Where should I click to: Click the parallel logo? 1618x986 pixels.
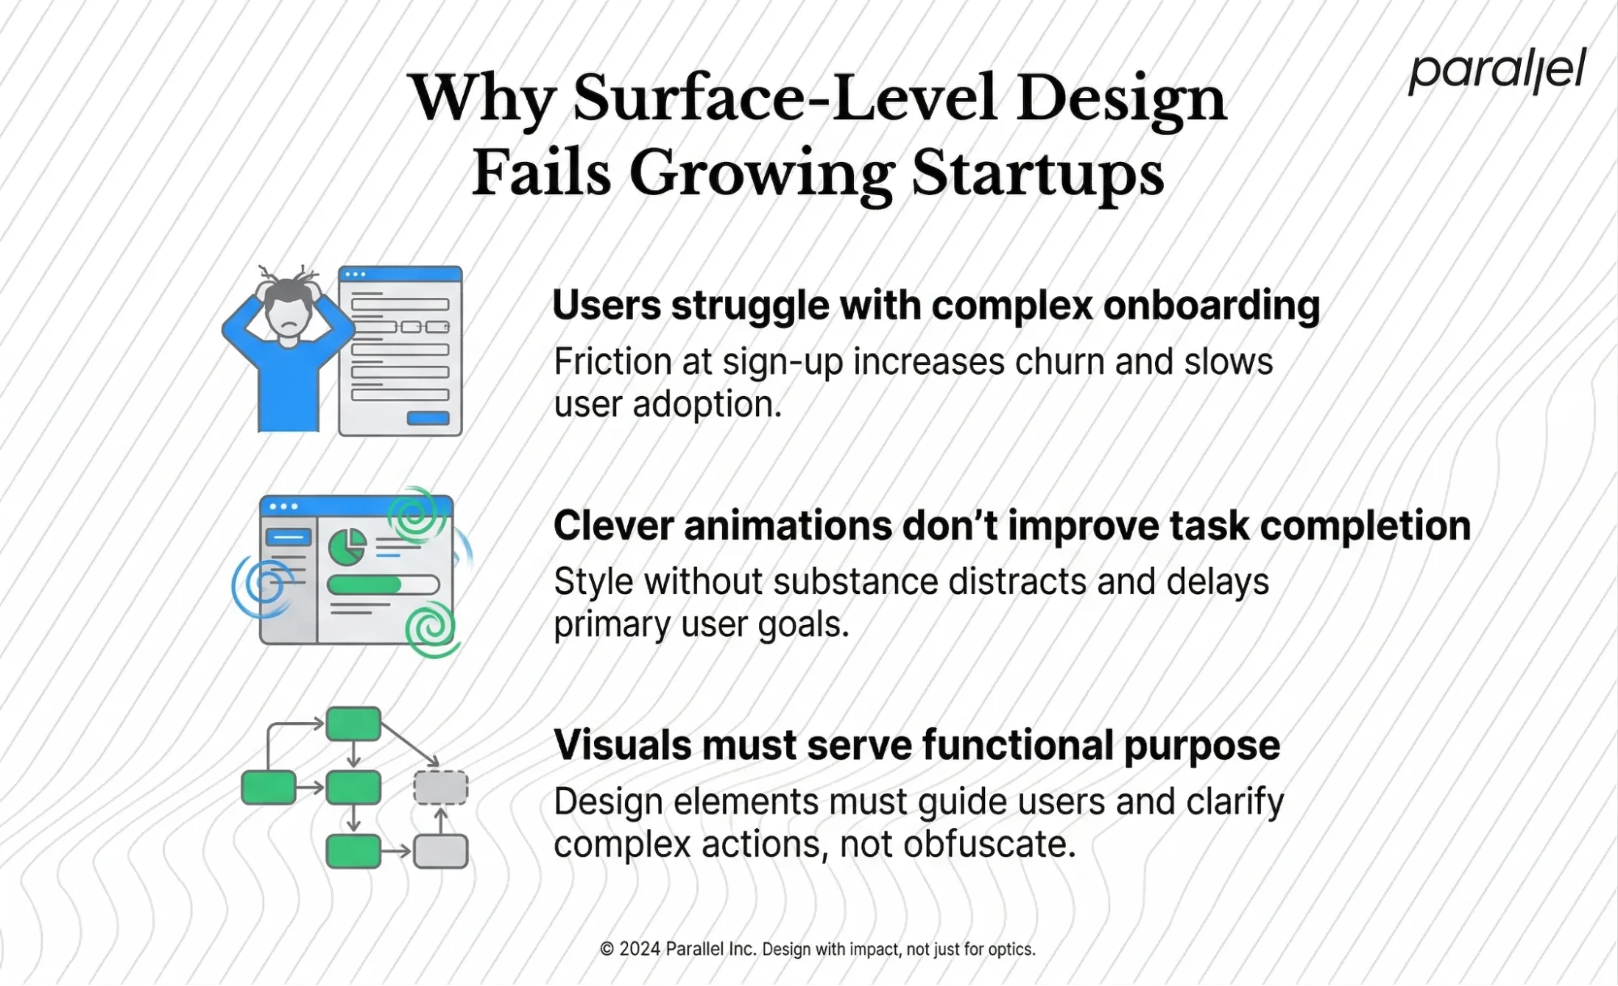point(1497,71)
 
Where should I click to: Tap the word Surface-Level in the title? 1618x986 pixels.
point(784,99)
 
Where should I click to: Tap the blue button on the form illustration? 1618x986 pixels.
point(427,418)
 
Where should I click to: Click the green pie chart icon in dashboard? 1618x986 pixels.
point(347,547)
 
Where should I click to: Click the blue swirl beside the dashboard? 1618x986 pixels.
point(261,584)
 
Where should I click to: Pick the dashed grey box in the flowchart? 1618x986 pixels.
point(440,788)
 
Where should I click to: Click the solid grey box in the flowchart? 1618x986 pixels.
point(440,852)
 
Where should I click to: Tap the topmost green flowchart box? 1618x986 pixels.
point(354,724)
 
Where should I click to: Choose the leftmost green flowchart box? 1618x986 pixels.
point(269,788)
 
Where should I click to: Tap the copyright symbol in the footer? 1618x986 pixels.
point(606,949)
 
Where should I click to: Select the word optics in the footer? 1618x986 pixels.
point(1009,949)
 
